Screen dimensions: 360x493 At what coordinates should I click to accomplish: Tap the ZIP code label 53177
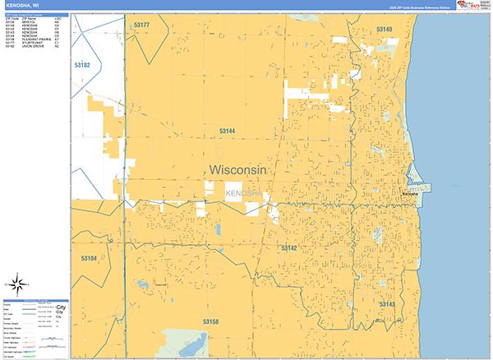click(x=141, y=25)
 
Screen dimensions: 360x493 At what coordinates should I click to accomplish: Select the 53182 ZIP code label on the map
click(x=82, y=65)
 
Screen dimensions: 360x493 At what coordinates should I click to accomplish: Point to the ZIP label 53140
click(x=384, y=30)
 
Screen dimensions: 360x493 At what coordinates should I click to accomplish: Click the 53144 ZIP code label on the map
click(x=228, y=131)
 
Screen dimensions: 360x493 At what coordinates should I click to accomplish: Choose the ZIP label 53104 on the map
click(x=89, y=258)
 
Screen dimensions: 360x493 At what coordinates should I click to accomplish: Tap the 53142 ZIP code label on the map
click(x=288, y=247)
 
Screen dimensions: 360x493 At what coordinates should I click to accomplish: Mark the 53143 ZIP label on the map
click(x=387, y=304)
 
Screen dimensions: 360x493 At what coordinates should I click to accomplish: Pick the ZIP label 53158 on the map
click(x=212, y=321)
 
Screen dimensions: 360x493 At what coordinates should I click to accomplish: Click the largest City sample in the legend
click(x=60, y=307)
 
